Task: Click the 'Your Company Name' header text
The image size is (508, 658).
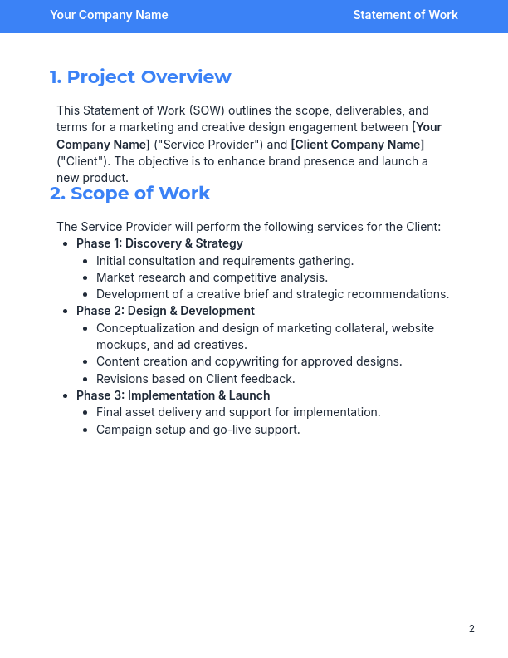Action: point(109,15)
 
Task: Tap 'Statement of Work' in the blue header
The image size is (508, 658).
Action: point(405,15)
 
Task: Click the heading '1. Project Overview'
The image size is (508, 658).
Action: point(140,77)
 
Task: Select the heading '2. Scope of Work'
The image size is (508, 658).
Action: point(129,194)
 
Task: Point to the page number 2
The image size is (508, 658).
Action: point(471,629)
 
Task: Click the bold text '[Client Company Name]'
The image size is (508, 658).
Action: point(346,145)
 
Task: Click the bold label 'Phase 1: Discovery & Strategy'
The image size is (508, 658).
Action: point(159,243)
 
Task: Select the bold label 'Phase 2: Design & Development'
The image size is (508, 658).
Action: point(165,311)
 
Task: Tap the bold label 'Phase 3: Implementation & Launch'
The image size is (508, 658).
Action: point(173,395)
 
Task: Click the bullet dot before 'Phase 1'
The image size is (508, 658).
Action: point(66,244)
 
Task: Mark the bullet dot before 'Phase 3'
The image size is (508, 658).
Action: point(66,396)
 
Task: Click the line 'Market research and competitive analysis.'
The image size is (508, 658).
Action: point(212,277)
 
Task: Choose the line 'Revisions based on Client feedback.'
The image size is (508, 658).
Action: point(196,379)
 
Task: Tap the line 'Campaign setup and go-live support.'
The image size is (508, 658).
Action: point(198,430)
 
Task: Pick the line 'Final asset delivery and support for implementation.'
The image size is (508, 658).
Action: point(238,412)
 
